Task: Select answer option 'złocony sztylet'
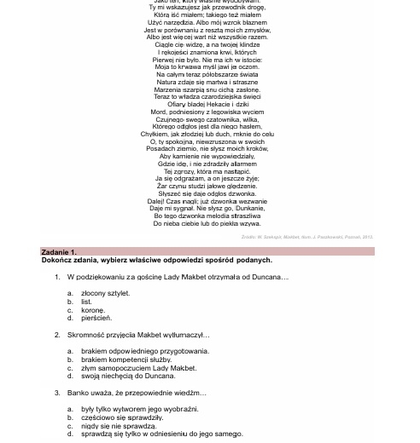105,293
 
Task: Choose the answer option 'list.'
86,302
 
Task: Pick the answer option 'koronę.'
92,310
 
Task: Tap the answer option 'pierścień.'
96,318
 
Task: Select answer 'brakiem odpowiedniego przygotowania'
144,351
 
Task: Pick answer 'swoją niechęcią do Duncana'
128,376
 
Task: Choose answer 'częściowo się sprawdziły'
121,417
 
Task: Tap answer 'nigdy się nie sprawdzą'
118,426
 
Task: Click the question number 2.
57,335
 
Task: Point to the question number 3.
57,393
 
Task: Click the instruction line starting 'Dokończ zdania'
156,260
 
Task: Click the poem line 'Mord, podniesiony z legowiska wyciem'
207,112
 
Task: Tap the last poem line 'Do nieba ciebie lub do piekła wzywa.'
207,223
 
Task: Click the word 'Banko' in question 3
77,393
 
